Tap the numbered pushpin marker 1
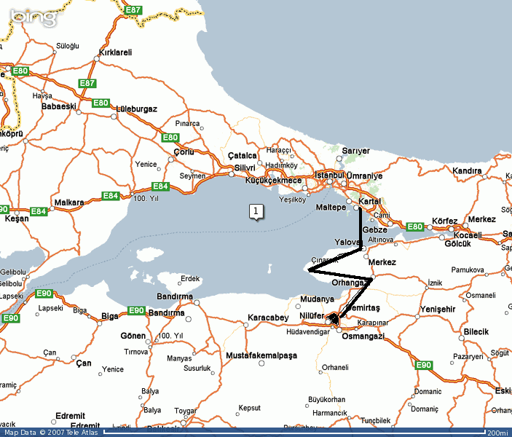coord(256,211)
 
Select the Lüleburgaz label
coord(135,109)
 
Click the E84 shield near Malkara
coord(110,196)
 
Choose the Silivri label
coord(245,168)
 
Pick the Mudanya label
coord(317,299)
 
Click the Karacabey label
coord(268,318)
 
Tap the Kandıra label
coord(467,170)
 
